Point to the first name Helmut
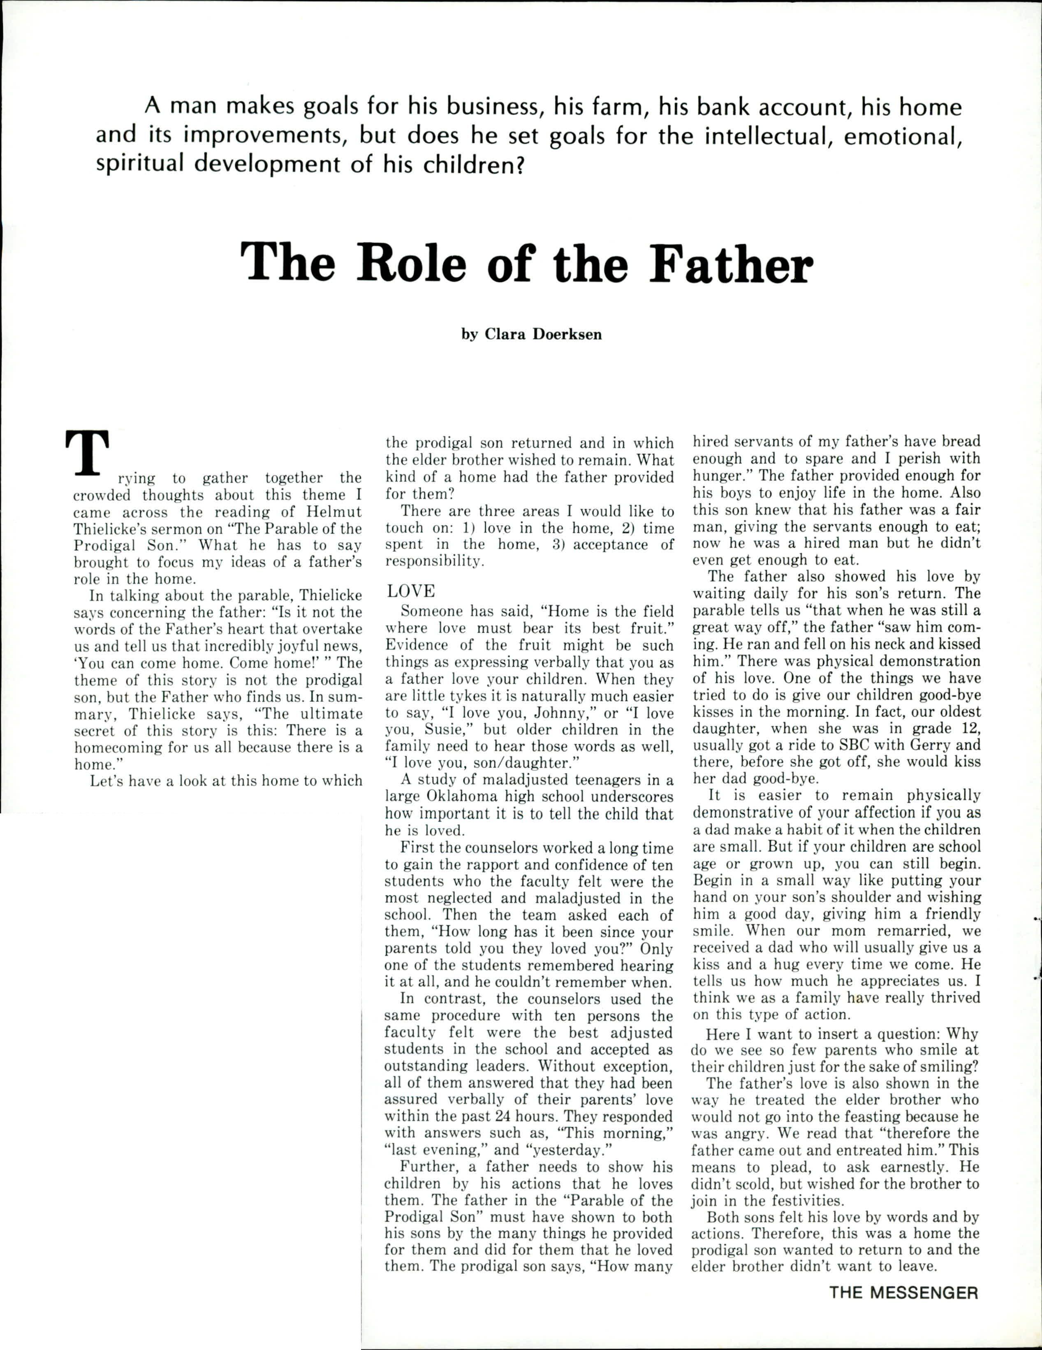click(336, 512)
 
